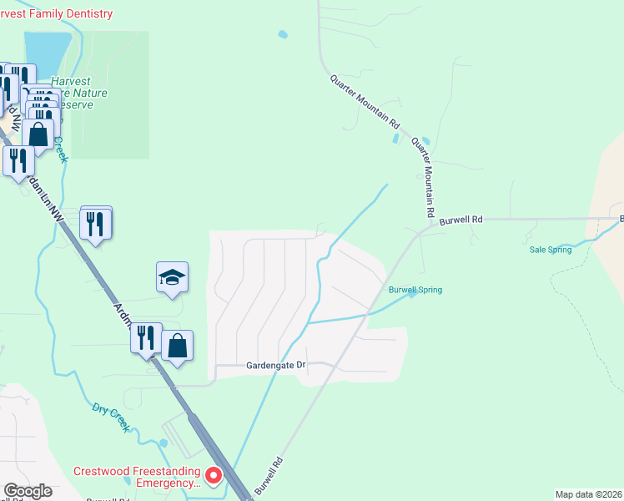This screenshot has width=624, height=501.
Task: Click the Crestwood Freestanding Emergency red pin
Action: coord(213,475)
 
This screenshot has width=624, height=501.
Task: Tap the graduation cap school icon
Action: coord(172,279)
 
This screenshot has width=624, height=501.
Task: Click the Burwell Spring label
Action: coord(415,290)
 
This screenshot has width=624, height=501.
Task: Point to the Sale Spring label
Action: coord(551,250)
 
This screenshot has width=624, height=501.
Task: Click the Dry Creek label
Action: coord(110,416)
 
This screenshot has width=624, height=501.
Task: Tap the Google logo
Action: coord(28,491)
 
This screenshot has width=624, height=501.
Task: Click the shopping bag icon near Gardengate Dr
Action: coord(178,345)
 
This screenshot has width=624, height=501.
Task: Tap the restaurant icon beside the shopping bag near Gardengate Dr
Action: coord(146,338)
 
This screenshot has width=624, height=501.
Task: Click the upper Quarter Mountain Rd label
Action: coord(365,101)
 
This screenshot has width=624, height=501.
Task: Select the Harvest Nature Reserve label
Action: coord(79,94)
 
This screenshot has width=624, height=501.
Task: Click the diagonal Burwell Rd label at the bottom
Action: coord(275,474)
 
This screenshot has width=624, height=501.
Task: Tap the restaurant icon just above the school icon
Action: coord(96,223)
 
